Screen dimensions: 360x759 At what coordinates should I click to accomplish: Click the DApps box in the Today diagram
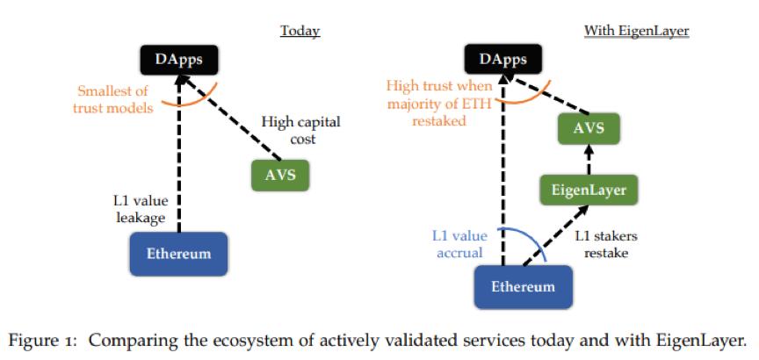(179, 60)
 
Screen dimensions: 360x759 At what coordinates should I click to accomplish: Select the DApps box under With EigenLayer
(504, 60)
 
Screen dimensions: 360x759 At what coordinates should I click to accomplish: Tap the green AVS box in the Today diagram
(280, 176)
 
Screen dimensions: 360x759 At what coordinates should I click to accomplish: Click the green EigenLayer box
(589, 189)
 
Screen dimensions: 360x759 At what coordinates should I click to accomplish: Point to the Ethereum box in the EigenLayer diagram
(523, 286)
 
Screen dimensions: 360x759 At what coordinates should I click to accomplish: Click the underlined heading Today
(300, 32)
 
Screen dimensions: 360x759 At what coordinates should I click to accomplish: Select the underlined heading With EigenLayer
(637, 32)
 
